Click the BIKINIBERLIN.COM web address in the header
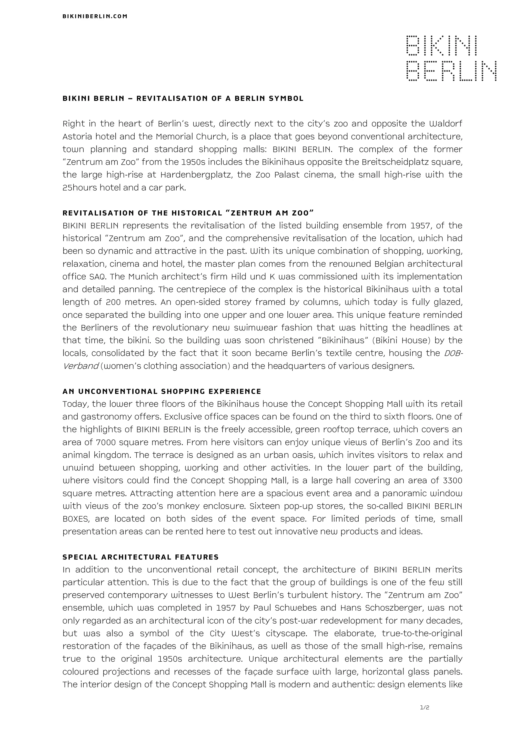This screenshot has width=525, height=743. [x=95, y=16]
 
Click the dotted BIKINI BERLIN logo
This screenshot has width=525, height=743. [x=451, y=58]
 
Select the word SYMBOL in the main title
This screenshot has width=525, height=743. [x=286, y=98]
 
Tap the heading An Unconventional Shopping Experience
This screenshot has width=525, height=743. [x=162, y=392]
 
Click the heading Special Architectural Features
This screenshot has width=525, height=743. [x=141, y=557]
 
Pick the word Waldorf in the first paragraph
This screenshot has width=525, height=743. [x=446, y=124]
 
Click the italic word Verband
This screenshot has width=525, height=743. [x=80, y=366]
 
